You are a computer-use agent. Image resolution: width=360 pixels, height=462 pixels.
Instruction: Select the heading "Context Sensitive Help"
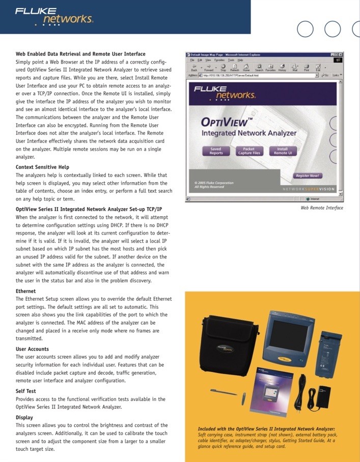[42, 167]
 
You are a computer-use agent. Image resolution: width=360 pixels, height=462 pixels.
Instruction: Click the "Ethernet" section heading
[25, 291]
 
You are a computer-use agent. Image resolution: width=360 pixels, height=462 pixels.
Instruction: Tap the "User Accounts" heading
[32, 349]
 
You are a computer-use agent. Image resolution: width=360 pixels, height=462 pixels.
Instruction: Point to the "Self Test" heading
[25, 391]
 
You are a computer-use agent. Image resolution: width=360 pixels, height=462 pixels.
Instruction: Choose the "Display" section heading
[24, 417]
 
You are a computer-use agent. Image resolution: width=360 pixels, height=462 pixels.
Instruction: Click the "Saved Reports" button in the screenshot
[216, 151]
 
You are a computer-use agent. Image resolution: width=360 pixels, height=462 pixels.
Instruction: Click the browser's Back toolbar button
[194, 68]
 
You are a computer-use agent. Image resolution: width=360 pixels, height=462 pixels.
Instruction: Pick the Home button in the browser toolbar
[246, 68]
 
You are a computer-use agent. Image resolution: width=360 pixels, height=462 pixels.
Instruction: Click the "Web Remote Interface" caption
[321, 208]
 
